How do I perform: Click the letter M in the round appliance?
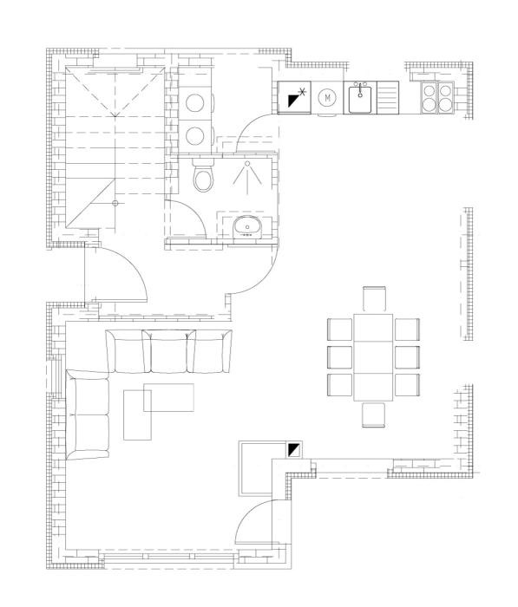click(327, 98)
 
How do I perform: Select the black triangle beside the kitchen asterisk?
click(292, 101)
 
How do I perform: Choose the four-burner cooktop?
click(435, 98)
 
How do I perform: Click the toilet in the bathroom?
click(203, 177)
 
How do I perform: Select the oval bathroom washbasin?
click(247, 227)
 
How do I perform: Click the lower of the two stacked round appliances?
click(195, 135)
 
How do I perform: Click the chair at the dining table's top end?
click(375, 299)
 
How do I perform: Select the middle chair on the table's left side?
click(339, 357)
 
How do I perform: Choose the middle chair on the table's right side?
click(407, 357)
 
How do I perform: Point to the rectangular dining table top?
click(373, 356)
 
